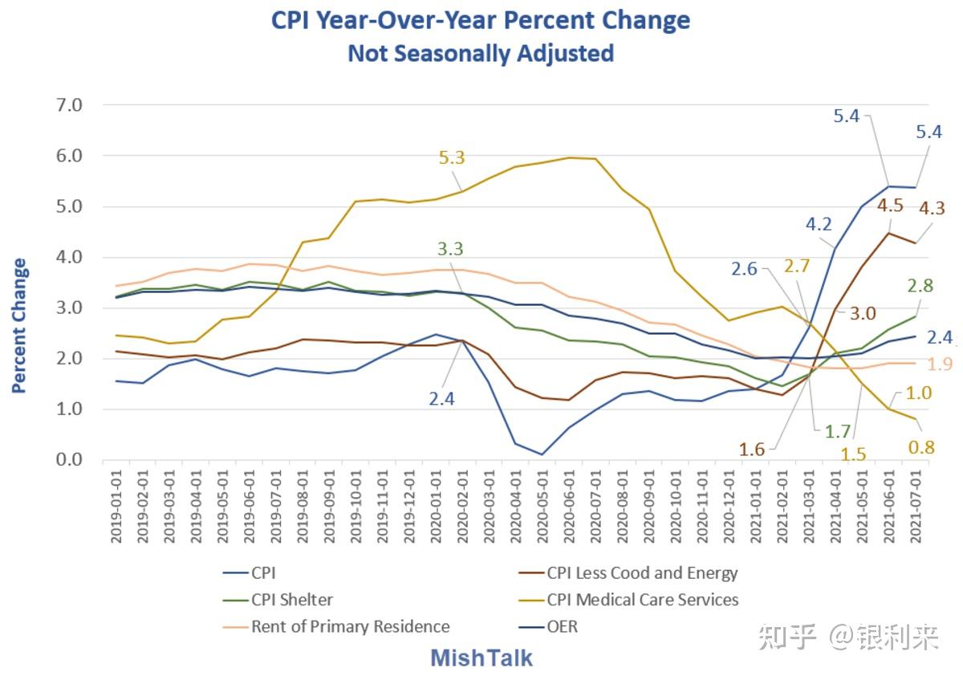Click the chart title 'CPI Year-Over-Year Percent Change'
point(481,19)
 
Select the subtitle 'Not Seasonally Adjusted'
point(481,54)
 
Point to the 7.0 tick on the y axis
point(70,105)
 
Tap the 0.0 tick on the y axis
point(70,460)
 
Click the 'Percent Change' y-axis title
point(19,325)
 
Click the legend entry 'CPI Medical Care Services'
point(642,600)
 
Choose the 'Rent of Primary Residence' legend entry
point(350,626)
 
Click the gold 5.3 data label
point(452,157)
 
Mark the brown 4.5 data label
point(889,205)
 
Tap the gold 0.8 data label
point(921,447)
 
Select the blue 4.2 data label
point(819,223)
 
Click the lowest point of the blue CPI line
point(542,454)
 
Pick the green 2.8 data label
point(920,286)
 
